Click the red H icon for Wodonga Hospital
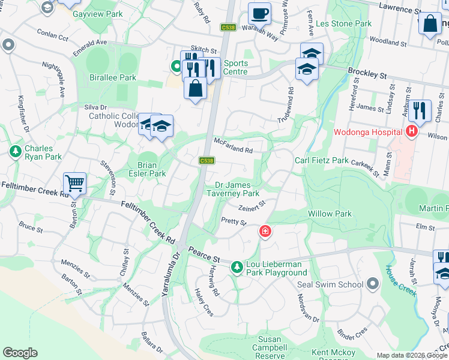point(412,131)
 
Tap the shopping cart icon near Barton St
point(74,182)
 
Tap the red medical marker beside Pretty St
point(264,231)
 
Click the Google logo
point(20,352)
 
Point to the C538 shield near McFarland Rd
point(206,161)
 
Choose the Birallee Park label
point(112,77)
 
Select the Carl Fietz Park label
point(321,161)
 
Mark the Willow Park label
point(330,214)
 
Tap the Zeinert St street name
point(252,208)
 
